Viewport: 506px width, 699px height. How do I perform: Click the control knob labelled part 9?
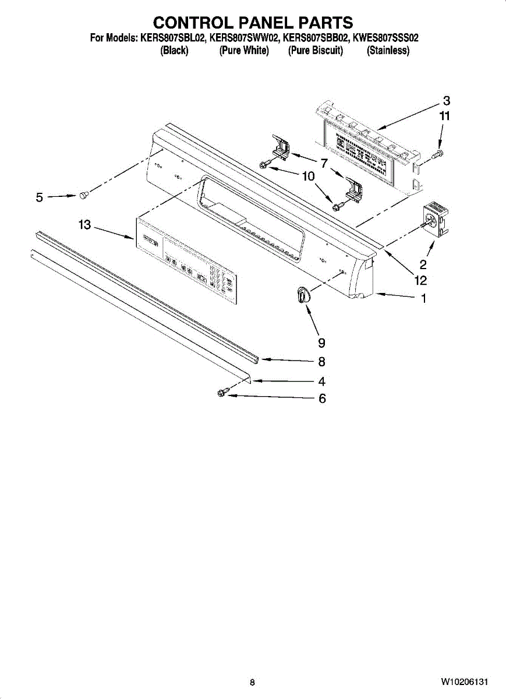click(302, 295)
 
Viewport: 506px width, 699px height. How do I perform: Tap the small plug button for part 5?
click(84, 196)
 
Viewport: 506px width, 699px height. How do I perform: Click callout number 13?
click(85, 225)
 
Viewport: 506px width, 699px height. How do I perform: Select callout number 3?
click(446, 100)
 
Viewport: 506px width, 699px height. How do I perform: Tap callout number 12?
click(420, 281)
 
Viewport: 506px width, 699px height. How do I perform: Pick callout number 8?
click(321, 362)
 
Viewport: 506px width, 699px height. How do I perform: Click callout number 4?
click(321, 382)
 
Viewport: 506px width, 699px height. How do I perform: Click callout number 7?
click(324, 163)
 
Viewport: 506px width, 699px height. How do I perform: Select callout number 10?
click(308, 176)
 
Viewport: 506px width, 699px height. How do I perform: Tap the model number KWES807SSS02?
click(386, 38)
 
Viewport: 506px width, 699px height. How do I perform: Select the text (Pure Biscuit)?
click(316, 51)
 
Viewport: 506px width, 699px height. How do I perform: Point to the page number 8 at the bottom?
click(252, 682)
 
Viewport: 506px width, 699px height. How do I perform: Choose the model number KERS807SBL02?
click(172, 38)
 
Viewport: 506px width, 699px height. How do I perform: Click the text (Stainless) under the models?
click(388, 51)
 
